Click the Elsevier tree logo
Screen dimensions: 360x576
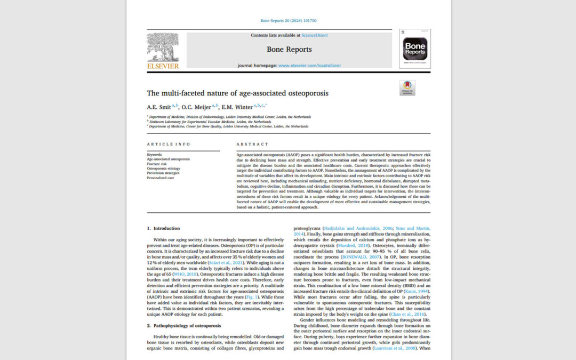[x=163, y=47]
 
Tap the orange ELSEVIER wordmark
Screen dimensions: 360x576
[x=163, y=66]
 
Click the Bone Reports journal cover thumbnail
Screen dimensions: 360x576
[x=414, y=49]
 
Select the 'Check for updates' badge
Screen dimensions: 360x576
[x=407, y=87]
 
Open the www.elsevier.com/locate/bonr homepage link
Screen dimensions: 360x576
[x=309, y=66]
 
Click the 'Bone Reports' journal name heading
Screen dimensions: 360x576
[x=289, y=50]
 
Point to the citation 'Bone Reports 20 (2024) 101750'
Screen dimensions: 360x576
[x=288, y=21]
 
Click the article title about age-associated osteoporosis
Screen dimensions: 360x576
[x=237, y=93]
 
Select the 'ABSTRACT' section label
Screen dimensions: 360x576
[x=250, y=145]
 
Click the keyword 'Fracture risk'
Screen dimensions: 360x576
[x=157, y=164]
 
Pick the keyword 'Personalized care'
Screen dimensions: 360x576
[x=161, y=178]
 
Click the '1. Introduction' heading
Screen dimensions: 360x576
[x=163, y=228]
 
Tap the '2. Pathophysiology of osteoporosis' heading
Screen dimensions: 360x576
[x=182, y=325]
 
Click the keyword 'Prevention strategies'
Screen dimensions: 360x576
[x=163, y=173]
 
